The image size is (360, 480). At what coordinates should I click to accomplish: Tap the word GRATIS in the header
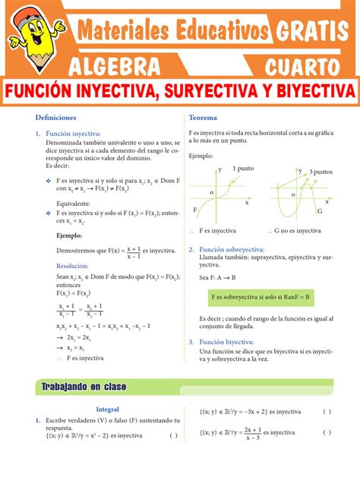click(x=313, y=31)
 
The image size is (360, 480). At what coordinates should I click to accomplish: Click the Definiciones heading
click(x=55, y=118)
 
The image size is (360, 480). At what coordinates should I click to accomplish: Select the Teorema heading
click(x=203, y=118)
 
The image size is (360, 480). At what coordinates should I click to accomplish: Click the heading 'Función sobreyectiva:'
click(x=232, y=249)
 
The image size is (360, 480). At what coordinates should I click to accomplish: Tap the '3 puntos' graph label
click(x=321, y=172)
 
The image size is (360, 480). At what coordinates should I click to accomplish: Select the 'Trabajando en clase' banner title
click(x=84, y=387)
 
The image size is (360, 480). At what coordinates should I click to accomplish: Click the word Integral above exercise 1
click(x=108, y=409)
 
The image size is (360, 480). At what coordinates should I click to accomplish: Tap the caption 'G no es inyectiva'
click(x=297, y=230)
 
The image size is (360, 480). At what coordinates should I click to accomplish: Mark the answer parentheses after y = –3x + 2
click(x=327, y=412)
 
